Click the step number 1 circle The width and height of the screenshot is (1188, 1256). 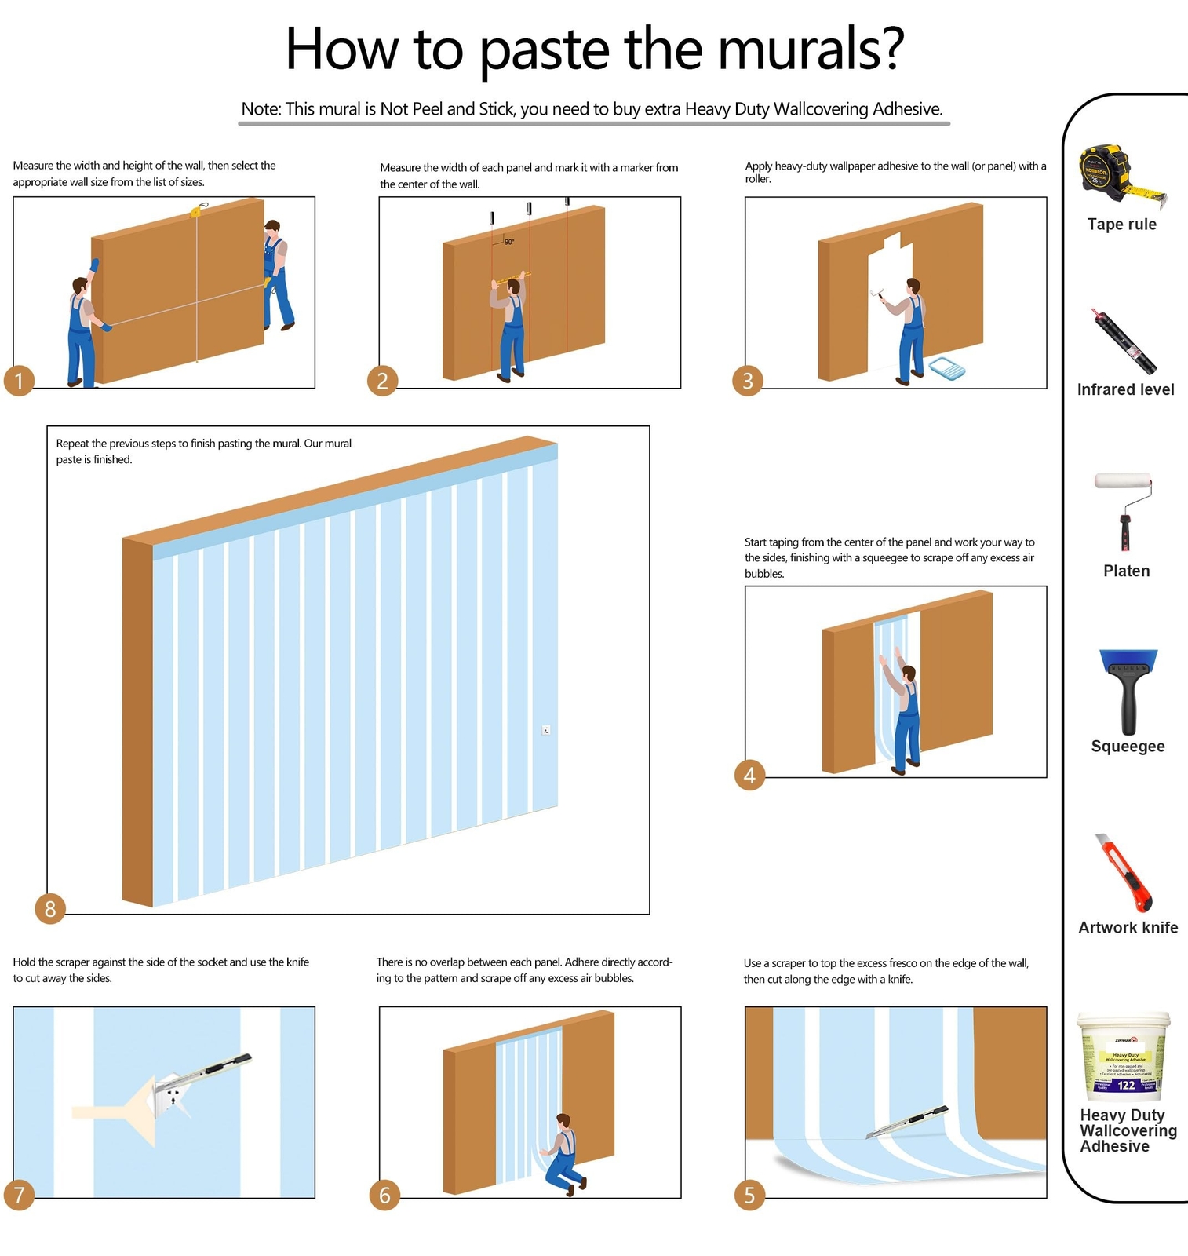pyautogui.click(x=19, y=381)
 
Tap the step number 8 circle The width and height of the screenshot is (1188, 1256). pyautogui.click(x=50, y=908)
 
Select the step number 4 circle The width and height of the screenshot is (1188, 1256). pyautogui.click(x=749, y=775)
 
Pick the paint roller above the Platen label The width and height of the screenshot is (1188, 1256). pyautogui.click(x=1124, y=510)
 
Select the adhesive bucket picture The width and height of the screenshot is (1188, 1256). pyautogui.click(x=1124, y=1057)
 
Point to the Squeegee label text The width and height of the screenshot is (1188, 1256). pyautogui.click(x=1128, y=746)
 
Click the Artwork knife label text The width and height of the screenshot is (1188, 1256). pyautogui.click(x=1128, y=927)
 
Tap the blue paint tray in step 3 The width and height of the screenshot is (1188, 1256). pyautogui.click(x=946, y=368)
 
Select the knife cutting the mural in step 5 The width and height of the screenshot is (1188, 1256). pyautogui.click(x=908, y=1123)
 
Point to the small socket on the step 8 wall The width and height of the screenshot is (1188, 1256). pyautogui.click(x=546, y=730)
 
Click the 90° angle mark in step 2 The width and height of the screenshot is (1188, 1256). pyautogui.click(x=509, y=242)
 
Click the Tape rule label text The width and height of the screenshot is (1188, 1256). pyautogui.click(x=1121, y=224)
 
